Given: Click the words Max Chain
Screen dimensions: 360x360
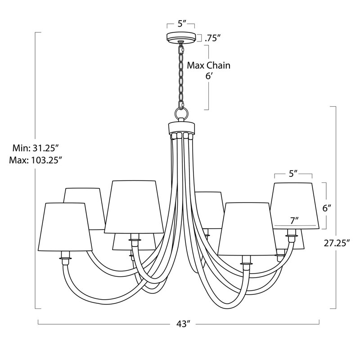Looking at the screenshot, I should pyautogui.click(x=209, y=66).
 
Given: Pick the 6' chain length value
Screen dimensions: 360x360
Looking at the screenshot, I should pyautogui.click(x=208, y=76).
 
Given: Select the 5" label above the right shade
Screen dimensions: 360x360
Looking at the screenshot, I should pyautogui.click(x=293, y=174).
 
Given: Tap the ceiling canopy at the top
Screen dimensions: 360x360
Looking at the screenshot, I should pyautogui.click(x=181, y=37).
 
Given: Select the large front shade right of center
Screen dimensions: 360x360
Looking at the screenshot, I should pyautogui.click(x=245, y=229).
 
